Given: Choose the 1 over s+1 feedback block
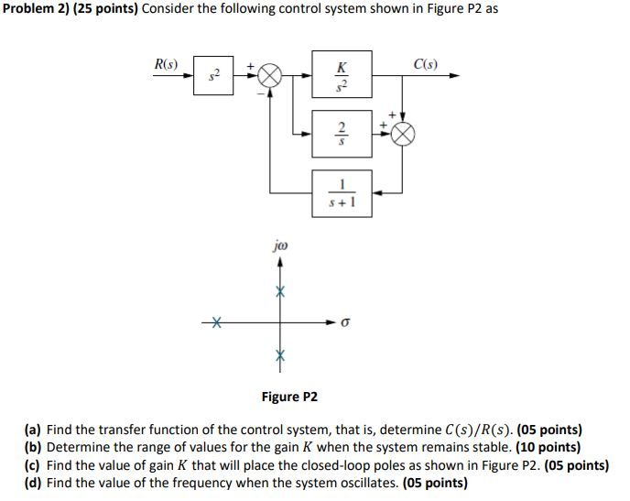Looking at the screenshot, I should click(x=342, y=191).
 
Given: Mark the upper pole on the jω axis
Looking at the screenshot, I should click(x=282, y=289).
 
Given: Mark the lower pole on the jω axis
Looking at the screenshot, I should click(x=282, y=355).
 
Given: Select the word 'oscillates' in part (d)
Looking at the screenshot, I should click(x=366, y=483).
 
